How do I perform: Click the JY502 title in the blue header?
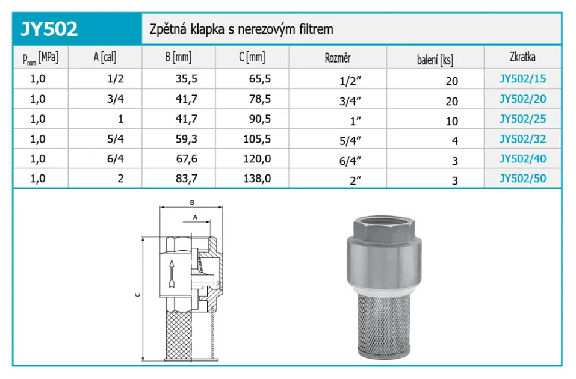[49, 29]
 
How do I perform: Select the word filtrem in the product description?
[316, 29]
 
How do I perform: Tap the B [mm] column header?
[179, 57]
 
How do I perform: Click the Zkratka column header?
[522, 57]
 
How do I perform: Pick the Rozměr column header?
[338, 58]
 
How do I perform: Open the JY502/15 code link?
[522, 79]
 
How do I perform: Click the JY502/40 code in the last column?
[522, 159]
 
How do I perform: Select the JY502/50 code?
[522, 179]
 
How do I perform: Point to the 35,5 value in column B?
[186, 79]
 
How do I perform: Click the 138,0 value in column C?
[257, 179]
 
